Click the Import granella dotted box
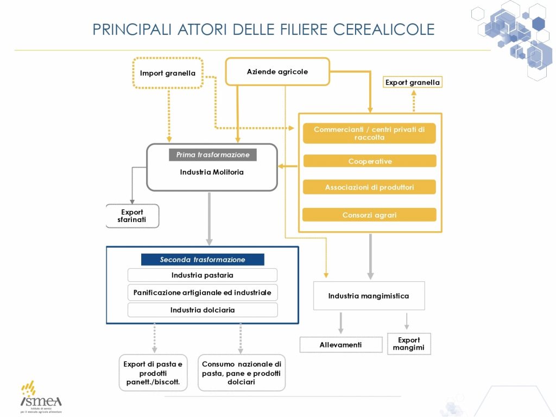click(168, 73)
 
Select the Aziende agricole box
click(277, 72)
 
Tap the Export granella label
click(413, 83)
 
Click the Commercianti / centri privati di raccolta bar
click(369, 134)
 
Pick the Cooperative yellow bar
click(369, 161)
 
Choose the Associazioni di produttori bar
click(369, 187)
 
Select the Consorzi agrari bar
click(369, 215)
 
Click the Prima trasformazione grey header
click(213, 155)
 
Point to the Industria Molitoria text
click(212, 172)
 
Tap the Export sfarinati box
click(132, 216)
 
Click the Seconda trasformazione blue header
click(203, 260)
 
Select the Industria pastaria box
click(203, 275)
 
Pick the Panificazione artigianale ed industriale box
click(203, 293)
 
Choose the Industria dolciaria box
click(203, 310)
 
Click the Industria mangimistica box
click(369, 296)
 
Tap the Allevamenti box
click(341, 345)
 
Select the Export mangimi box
click(409, 344)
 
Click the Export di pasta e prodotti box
click(153, 373)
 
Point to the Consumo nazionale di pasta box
click(241, 373)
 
